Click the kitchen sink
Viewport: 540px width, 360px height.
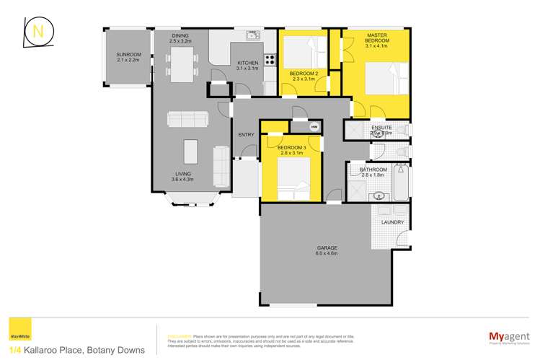pos(252,35)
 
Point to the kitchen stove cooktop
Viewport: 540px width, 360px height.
pos(270,61)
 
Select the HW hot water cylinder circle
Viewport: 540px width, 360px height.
pos(314,126)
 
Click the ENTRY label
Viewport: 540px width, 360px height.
pos(246,134)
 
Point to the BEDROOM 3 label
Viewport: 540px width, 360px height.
pos(291,150)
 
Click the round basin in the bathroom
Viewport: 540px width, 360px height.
pos(380,195)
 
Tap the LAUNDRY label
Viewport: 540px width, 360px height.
pos(392,222)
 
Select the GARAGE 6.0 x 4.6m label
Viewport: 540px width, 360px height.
pos(327,250)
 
